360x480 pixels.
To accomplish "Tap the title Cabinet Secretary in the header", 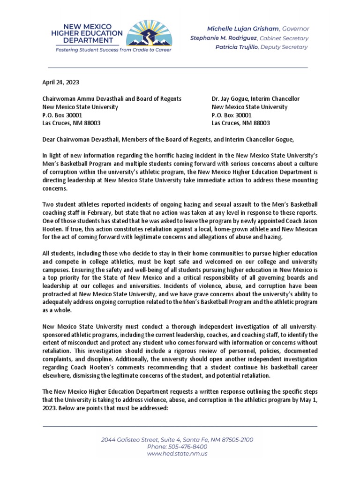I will click(x=291, y=38).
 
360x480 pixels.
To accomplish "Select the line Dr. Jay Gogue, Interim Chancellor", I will click(x=255, y=99).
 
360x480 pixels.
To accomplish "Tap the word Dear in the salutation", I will click(x=50, y=139).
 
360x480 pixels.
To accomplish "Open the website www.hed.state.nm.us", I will click(x=177, y=454).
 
